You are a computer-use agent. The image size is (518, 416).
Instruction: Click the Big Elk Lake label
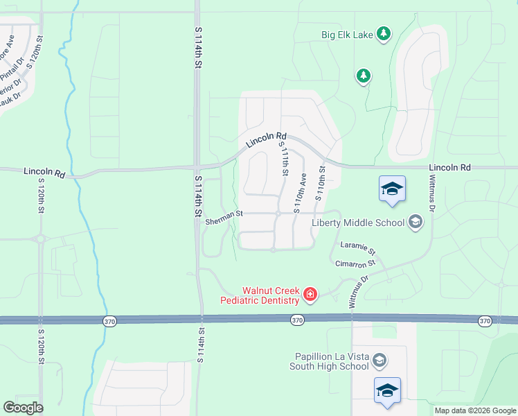coord(347,33)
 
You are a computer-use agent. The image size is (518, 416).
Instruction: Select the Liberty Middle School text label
coord(358,223)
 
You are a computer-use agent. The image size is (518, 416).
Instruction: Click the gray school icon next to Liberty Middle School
coord(416,222)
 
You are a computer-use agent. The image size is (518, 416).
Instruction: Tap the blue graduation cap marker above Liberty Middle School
coord(392,189)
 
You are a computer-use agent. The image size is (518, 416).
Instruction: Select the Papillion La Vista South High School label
coord(332,361)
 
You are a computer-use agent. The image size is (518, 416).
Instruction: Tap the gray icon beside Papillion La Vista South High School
coord(379,360)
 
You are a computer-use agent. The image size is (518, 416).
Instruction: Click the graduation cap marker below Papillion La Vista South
coord(387,390)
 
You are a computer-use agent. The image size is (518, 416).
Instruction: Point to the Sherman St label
coord(224,220)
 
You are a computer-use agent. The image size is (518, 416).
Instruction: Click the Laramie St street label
coord(357,248)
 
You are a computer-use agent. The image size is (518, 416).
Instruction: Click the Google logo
coord(23,408)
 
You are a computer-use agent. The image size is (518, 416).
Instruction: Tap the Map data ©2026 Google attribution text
coord(475,410)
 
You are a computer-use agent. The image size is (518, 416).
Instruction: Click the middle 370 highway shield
coord(297,320)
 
